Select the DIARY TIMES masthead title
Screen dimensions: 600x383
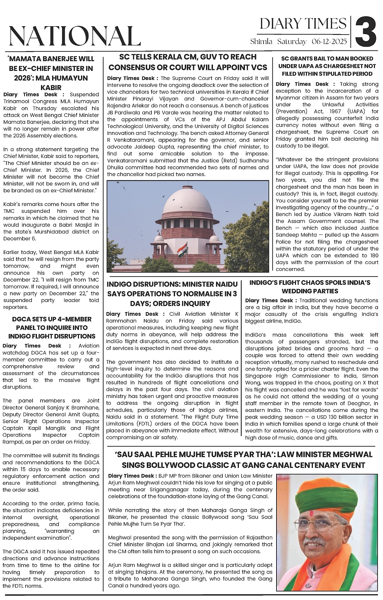[303, 24]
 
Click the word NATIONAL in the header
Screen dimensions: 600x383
[75, 36]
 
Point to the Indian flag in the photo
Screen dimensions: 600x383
[182, 251]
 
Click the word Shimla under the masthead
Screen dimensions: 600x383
[261, 42]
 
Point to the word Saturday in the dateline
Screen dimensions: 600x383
[292, 42]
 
